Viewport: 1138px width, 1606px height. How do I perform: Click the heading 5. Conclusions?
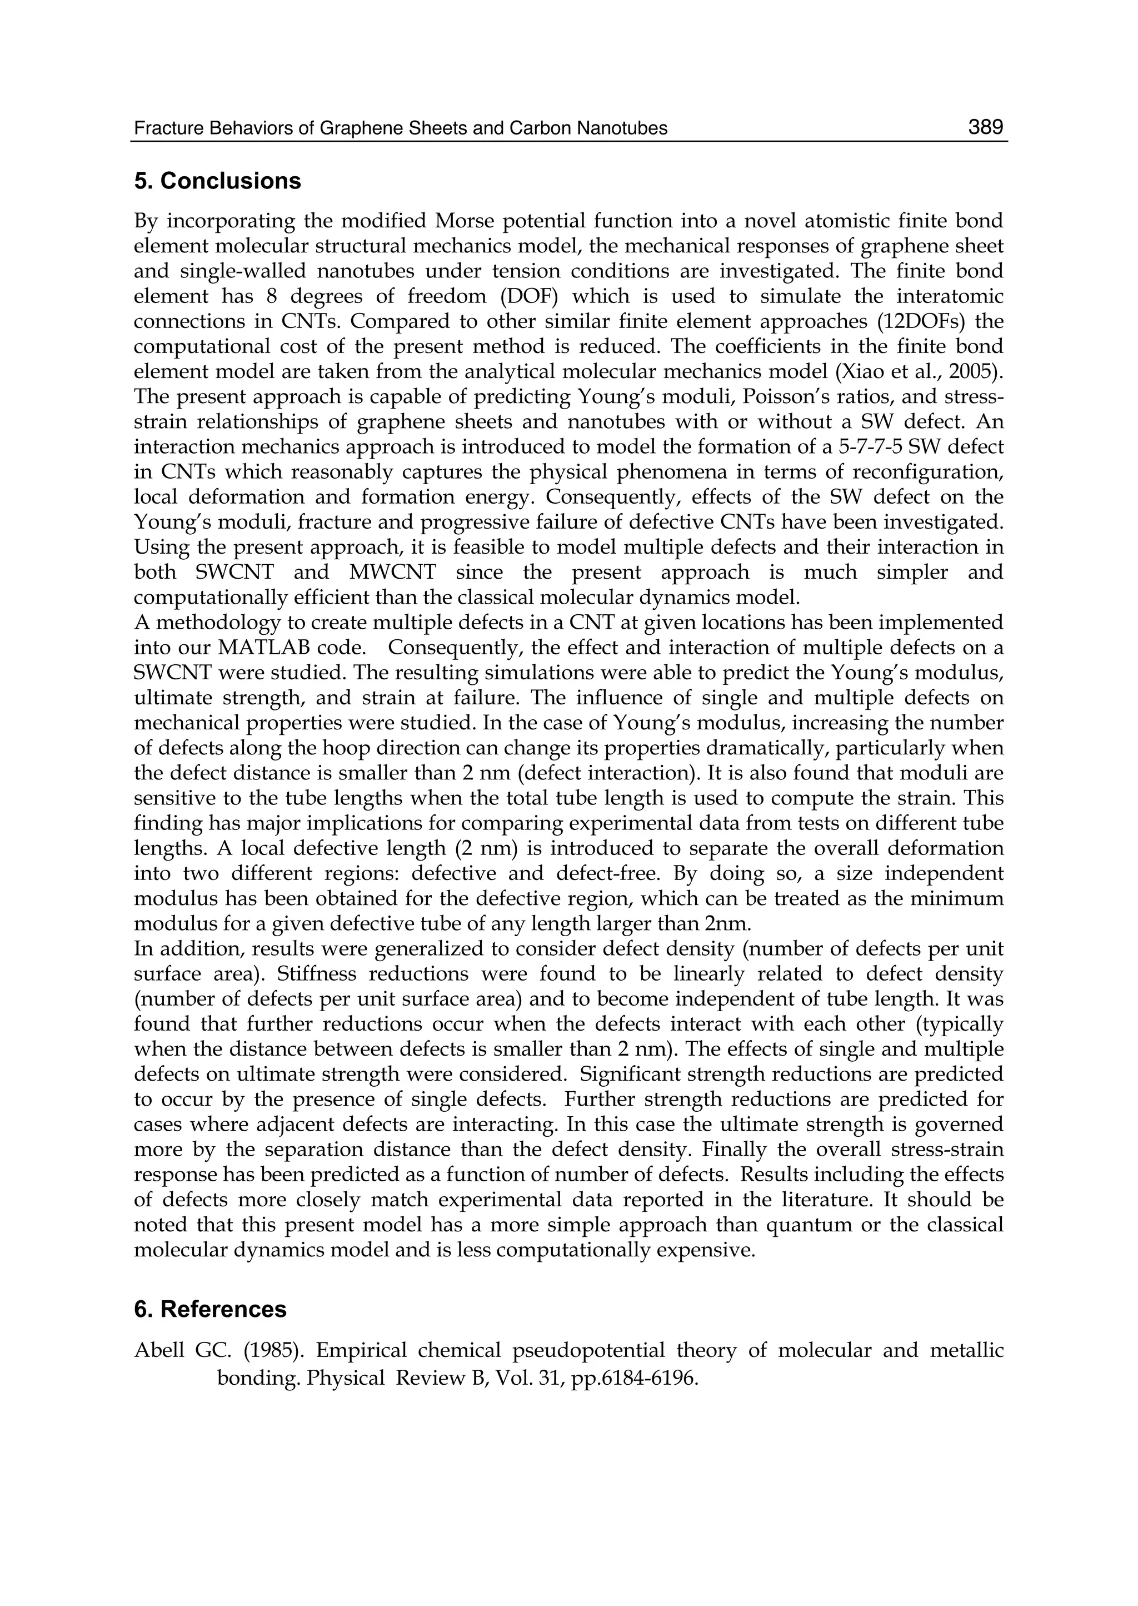pyautogui.click(x=217, y=181)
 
